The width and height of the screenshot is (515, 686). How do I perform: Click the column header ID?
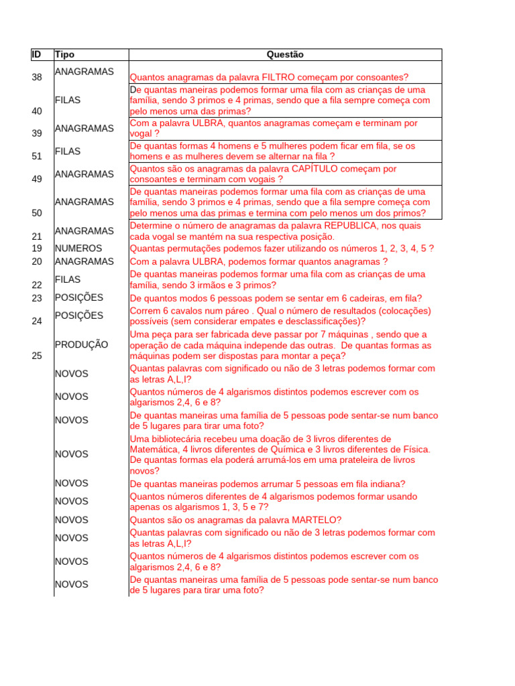[x=36, y=54]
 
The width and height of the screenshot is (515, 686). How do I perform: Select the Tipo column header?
[x=65, y=54]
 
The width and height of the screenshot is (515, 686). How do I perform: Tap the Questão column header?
[x=285, y=54]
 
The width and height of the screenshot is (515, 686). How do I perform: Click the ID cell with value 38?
[x=37, y=77]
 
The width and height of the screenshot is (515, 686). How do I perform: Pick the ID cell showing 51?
[x=37, y=156]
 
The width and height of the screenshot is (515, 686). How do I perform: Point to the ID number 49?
[x=37, y=179]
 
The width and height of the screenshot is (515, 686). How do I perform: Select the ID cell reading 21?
[x=37, y=236]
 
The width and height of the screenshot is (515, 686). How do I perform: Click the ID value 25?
[x=37, y=356]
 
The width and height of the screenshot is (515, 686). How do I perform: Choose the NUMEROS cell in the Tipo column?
[x=78, y=248]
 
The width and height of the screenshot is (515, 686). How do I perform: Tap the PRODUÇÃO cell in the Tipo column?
[x=81, y=344]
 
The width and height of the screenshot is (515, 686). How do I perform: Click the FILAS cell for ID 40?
[x=68, y=100]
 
